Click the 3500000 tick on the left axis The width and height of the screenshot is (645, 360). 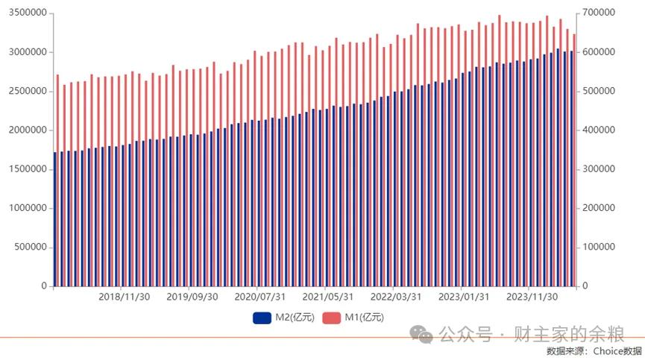click(x=28, y=13)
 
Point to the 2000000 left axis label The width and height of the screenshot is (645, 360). click(x=28, y=130)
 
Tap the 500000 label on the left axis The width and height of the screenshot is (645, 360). click(x=31, y=247)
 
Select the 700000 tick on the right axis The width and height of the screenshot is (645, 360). click(x=599, y=13)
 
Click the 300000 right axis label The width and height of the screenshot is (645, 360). click(x=599, y=169)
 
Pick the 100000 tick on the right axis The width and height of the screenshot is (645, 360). click(x=599, y=247)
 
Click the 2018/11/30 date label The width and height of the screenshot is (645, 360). click(x=125, y=297)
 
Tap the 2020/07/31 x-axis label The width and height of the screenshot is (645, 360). click(x=260, y=297)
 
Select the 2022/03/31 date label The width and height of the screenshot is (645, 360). click(x=396, y=297)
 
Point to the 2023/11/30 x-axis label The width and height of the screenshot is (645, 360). click(x=532, y=297)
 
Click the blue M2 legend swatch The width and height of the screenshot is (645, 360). click(x=262, y=318)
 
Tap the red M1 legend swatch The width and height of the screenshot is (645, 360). click(x=332, y=318)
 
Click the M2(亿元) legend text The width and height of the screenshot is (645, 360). click(x=295, y=318)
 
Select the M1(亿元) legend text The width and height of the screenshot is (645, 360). click(x=364, y=318)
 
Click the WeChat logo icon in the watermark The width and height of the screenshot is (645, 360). click(x=421, y=334)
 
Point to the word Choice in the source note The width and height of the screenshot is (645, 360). click(x=607, y=351)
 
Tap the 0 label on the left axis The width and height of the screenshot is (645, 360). click(x=44, y=286)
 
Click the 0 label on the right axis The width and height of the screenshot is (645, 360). click(x=585, y=286)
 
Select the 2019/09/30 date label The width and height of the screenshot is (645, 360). click(x=192, y=297)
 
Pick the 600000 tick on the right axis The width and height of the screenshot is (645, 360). click(x=599, y=51)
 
